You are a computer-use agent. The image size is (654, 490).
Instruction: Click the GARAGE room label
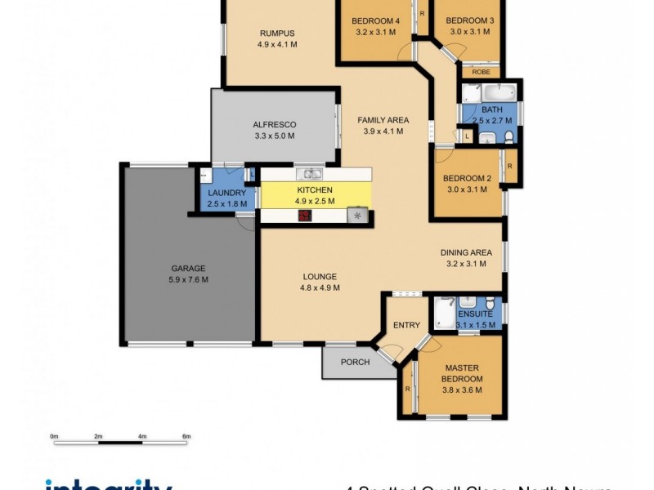click(x=188, y=268)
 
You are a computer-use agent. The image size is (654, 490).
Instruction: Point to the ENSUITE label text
click(x=475, y=314)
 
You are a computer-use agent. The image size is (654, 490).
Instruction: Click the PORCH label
click(x=355, y=362)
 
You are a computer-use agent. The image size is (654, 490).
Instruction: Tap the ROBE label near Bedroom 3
click(x=482, y=72)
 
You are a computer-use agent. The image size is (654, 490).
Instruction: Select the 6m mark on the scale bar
click(x=186, y=438)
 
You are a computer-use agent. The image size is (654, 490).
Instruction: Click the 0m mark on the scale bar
click(x=54, y=438)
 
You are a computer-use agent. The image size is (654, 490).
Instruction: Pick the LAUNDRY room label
click(x=226, y=194)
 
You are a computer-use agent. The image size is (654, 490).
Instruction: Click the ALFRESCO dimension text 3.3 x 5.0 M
click(x=274, y=136)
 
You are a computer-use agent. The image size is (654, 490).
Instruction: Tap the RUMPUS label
click(x=276, y=33)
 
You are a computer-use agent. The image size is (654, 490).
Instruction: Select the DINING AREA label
click(x=466, y=252)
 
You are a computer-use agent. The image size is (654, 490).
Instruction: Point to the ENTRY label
click(x=406, y=325)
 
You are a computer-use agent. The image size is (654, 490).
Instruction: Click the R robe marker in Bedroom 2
click(x=509, y=166)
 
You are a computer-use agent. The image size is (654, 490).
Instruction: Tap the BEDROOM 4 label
click(x=376, y=20)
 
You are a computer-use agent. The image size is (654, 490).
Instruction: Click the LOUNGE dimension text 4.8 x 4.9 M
click(x=319, y=287)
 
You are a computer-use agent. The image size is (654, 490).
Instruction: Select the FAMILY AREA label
click(x=383, y=120)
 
